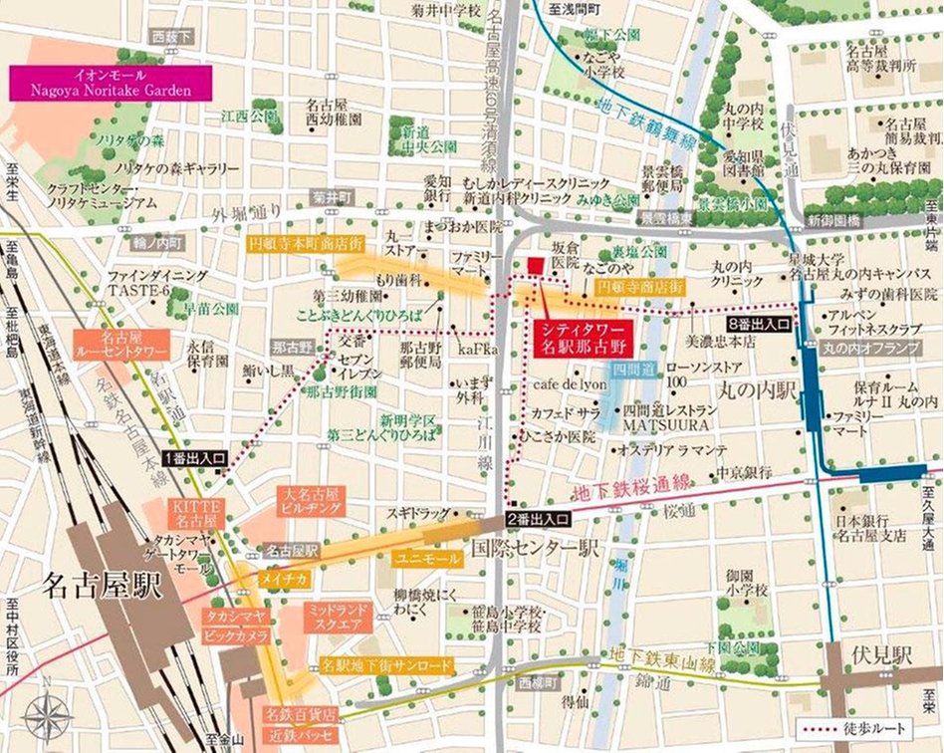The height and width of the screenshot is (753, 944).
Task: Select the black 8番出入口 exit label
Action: tap(759, 325)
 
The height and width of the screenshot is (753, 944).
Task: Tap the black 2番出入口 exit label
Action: tap(540, 518)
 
